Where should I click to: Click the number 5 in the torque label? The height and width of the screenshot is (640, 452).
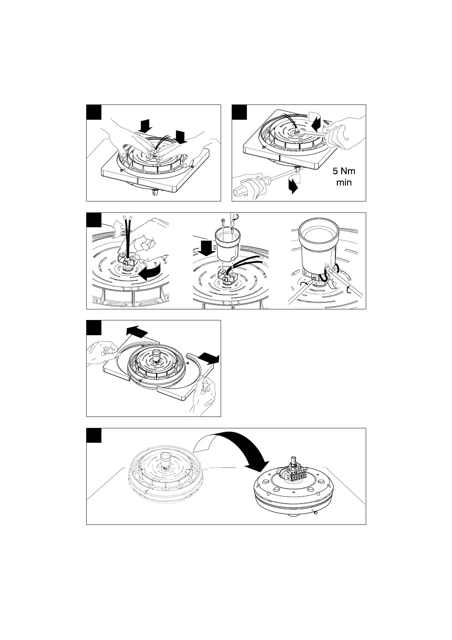tap(330, 172)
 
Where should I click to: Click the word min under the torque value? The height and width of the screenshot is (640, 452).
tap(344, 183)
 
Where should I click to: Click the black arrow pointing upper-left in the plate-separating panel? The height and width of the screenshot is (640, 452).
tap(136, 331)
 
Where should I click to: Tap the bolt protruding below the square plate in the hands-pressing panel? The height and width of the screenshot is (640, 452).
tap(155, 193)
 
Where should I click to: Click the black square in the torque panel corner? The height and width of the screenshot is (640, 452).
tap(239, 112)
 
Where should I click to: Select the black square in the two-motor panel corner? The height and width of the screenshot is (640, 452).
tap(94, 436)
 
